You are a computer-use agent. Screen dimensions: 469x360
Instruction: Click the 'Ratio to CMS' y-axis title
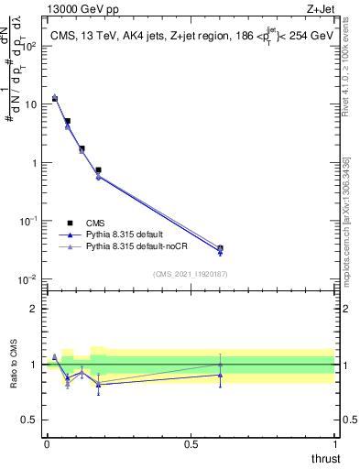14,365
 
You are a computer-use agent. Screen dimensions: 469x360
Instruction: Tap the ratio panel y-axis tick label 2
35,309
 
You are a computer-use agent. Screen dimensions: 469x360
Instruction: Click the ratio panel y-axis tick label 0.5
31,420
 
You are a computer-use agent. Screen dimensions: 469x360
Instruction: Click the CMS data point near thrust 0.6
220,248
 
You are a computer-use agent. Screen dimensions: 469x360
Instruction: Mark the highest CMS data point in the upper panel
55,98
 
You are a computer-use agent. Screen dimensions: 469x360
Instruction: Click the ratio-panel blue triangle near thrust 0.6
220,375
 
